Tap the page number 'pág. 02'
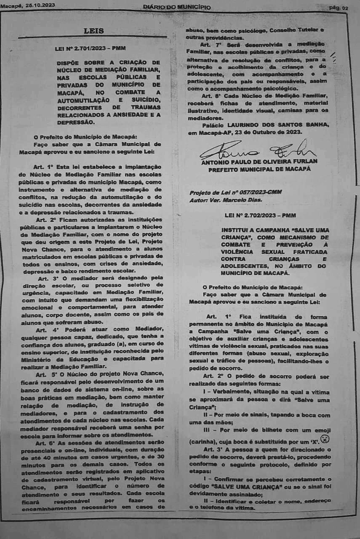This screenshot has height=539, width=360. tap(339, 8)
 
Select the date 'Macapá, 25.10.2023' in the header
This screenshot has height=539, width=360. tap(28, 5)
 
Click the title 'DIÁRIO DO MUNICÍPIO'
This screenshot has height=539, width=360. tap(176, 7)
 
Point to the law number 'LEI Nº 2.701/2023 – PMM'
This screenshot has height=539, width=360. tap(90, 49)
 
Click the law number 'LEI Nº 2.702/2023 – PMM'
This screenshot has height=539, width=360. tap(260, 215)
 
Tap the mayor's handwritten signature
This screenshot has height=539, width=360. tap(257, 151)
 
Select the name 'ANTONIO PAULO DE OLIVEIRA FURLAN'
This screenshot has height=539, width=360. tap(259, 162)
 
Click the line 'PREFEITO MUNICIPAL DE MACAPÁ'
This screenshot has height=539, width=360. tap(259, 169)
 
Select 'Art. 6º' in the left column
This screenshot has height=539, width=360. tap(45, 443)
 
